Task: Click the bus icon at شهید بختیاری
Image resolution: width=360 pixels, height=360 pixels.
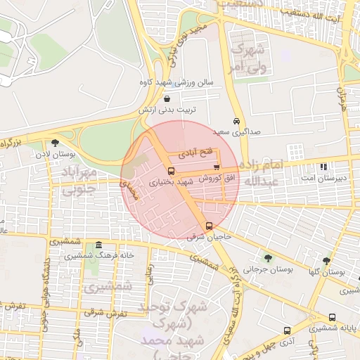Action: (x=172, y=171)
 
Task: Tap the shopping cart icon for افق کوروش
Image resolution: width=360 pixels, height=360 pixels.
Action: (x=217, y=167)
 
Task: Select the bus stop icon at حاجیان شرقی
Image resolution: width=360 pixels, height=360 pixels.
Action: (x=209, y=226)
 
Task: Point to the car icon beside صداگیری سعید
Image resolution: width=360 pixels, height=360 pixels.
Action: (x=238, y=121)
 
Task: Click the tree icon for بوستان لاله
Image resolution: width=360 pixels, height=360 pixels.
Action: (x=55, y=143)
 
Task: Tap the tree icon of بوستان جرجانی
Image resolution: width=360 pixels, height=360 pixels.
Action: (x=267, y=258)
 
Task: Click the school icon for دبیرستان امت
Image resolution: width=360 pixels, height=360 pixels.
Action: (x=324, y=167)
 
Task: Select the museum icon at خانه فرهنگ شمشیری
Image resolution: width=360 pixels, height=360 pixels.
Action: (x=98, y=245)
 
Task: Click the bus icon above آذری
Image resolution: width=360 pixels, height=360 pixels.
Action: (x=287, y=330)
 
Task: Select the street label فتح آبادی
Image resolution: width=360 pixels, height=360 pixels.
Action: (x=196, y=153)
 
